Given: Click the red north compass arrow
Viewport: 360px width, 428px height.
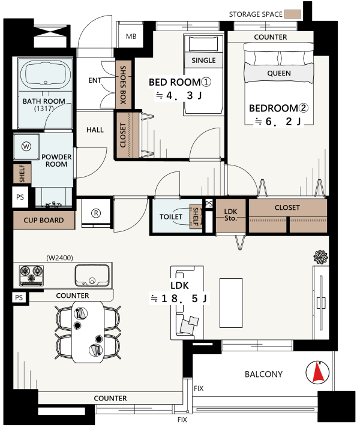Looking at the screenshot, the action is pos(317,372).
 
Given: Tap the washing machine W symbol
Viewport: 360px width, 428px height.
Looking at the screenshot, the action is pos(26,146).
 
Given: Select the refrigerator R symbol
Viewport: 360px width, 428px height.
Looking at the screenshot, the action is pos(96,213).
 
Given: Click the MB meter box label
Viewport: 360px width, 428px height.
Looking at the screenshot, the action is pos(131,37).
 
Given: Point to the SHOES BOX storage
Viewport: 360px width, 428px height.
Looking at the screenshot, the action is pos(124,85).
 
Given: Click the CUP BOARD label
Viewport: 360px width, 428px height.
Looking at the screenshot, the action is pos(44,220).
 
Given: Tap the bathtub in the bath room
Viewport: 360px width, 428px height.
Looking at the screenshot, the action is pos(46,74).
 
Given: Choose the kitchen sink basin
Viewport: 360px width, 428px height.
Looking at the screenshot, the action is pos(92,275).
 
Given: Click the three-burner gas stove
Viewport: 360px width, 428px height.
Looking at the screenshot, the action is pos(31,276).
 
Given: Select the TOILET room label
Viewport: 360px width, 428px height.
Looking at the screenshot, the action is pos(171,217).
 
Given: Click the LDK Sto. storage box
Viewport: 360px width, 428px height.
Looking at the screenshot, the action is pos(231,216).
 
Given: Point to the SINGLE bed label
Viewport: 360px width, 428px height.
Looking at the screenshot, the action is pos(203,61).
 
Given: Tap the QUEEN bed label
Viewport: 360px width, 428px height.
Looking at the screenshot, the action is pos(279,73).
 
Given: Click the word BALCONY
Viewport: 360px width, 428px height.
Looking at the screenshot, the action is pos(263,374).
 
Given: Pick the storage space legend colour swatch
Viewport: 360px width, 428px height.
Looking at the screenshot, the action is pos(293,14).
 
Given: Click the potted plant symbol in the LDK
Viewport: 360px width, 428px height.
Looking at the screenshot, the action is pos(320,257).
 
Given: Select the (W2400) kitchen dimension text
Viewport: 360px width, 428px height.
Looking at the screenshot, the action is pos(59,258).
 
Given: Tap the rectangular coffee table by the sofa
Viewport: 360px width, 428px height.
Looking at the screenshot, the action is pos(231,303).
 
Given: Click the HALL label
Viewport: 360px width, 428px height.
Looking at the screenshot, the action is pos(95,130).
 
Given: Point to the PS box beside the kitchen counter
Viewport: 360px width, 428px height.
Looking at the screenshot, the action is pos(19,297).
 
